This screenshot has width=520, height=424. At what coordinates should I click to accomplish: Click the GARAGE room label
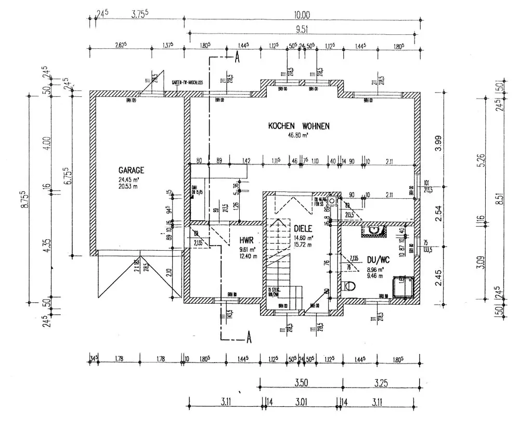131,170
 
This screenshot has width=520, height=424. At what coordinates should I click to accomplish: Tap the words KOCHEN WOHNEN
299,126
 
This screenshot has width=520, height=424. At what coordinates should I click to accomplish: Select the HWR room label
246,240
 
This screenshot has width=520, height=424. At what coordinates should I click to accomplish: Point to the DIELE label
303,228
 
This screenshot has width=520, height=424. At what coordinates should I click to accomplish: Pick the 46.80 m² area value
299,135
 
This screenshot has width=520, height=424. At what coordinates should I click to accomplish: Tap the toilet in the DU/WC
349,285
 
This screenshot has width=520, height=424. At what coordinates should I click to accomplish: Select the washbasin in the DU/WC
374,229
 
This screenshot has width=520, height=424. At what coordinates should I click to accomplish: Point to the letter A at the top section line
237,58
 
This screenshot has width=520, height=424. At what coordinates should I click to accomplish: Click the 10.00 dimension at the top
303,15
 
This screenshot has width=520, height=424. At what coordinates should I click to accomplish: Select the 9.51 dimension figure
303,29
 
